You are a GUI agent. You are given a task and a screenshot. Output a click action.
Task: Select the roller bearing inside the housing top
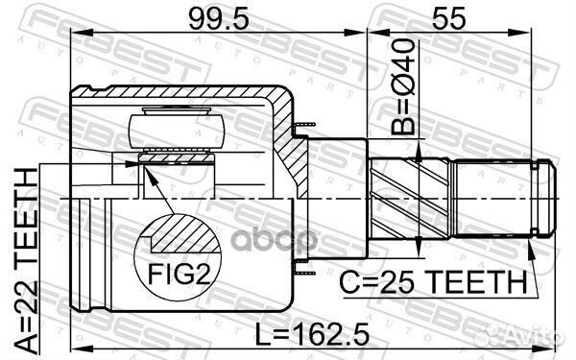(179, 129)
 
